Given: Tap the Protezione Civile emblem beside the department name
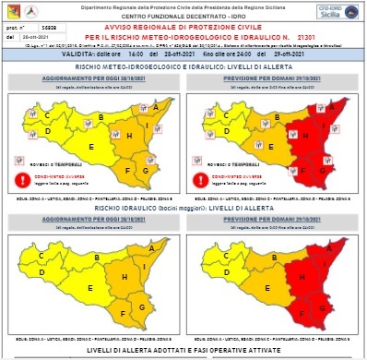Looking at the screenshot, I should click(14, 14).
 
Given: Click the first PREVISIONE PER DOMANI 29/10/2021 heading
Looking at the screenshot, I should click(273, 77).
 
